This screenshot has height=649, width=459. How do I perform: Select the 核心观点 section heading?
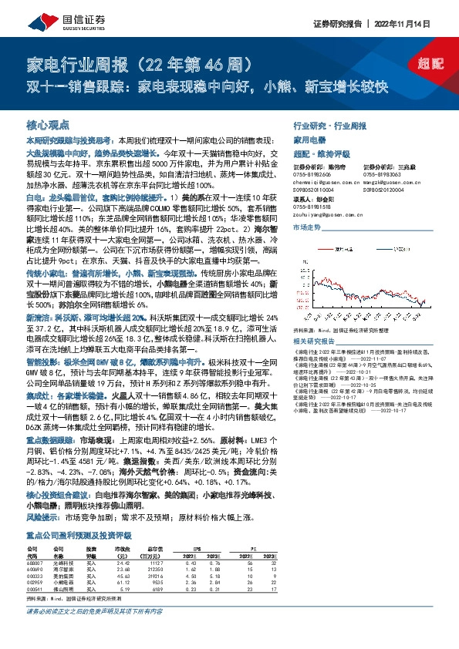(x=48, y=124)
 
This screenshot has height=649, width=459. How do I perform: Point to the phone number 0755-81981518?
(x=311, y=206)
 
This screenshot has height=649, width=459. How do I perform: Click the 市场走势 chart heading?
(x=306, y=229)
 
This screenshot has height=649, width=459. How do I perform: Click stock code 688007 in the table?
(x=35, y=564)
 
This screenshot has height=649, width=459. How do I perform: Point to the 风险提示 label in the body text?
(x=44, y=519)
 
